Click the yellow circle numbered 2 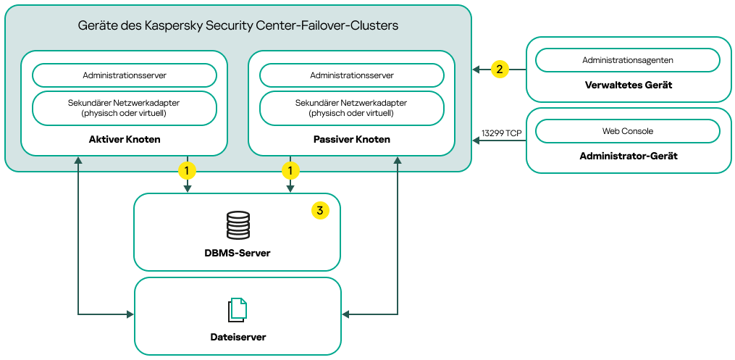click(499, 70)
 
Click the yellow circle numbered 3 click(320, 211)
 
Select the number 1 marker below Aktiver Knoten click(188, 171)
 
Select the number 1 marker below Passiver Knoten click(290, 171)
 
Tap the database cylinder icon click(238, 225)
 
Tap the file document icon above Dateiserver click(238, 310)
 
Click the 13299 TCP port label click(501, 133)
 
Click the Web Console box click(627, 131)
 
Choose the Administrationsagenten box click(627, 60)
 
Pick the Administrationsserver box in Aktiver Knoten click(125, 75)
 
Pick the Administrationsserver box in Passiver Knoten click(352, 75)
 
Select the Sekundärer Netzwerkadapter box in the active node click(125, 108)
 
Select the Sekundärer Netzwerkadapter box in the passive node click(352, 108)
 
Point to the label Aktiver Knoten click(125, 139)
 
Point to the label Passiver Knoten click(352, 139)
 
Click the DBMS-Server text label click(238, 253)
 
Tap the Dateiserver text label click(238, 337)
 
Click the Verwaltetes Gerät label click(628, 85)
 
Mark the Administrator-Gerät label click(628, 156)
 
